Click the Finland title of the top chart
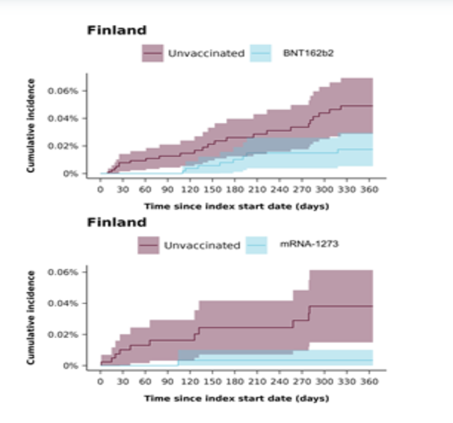pos(117,31)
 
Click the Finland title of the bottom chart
pos(117,222)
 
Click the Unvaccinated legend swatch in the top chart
pos(152,54)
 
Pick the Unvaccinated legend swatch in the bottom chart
pos(149,245)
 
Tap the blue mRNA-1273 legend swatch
pos(256,245)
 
